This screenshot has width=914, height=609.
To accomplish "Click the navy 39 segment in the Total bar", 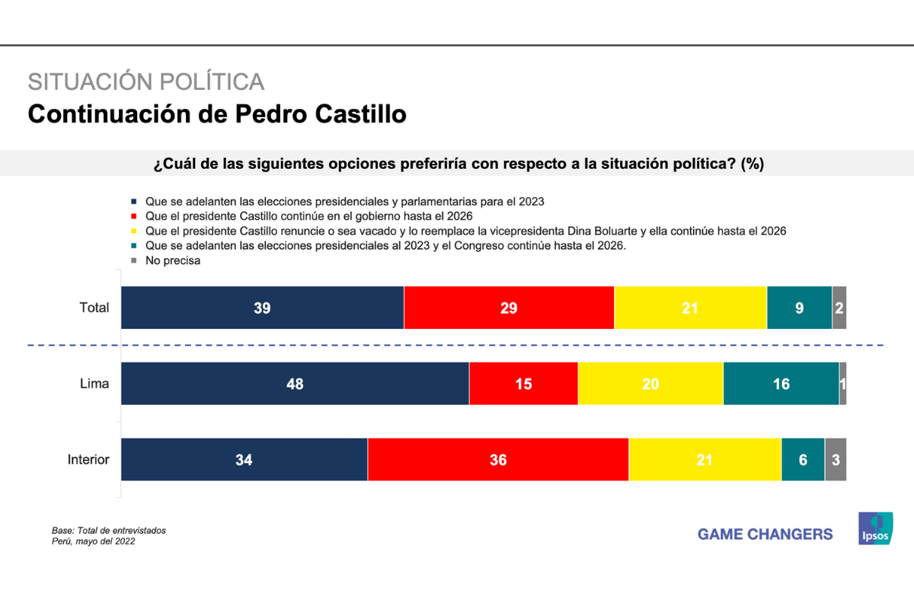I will click(x=262, y=308).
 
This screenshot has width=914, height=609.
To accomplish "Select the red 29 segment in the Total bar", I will click(x=509, y=308).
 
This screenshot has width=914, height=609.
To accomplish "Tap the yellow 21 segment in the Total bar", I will click(x=690, y=308).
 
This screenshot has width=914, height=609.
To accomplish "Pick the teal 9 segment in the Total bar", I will click(x=799, y=308).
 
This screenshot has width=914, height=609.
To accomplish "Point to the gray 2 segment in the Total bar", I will click(x=839, y=308).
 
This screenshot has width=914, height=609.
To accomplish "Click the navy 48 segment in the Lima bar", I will click(x=295, y=384).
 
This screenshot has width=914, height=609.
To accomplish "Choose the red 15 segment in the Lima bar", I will click(x=523, y=384).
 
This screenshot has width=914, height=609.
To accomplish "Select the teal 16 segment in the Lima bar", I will click(x=781, y=384).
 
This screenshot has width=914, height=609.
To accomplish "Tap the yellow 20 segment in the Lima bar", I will click(x=650, y=384).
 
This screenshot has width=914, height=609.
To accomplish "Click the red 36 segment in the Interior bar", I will click(x=498, y=460).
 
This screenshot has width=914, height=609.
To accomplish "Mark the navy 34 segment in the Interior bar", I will click(x=244, y=460).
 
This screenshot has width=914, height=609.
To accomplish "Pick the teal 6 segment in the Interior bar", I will click(x=803, y=460).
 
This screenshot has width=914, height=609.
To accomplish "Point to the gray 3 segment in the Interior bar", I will click(x=835, y=460).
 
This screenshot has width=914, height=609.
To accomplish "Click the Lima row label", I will click(x=94, y=384).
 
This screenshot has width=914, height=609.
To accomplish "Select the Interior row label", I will click(x=88, y=460).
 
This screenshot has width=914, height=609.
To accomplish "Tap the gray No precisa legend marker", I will click(x=134, y=260).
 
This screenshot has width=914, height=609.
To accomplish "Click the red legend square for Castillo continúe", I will click(x=134, y=217).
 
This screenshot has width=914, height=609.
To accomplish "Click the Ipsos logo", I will click(x=875, y=528).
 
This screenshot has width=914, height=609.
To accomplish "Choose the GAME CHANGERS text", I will click(x=765, y=534).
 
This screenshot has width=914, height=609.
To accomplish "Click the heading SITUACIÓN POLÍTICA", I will click(x=146, y=81).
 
